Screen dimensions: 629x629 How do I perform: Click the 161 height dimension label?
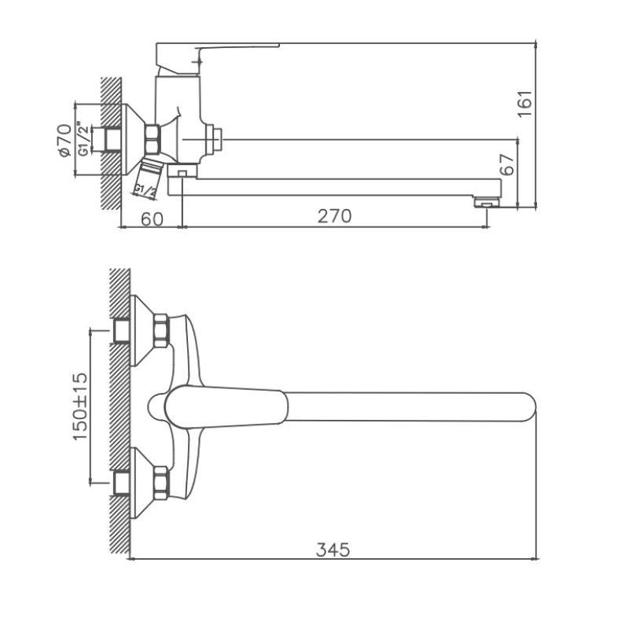[x=524, y=104]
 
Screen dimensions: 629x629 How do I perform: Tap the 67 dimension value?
[x=507, y=164]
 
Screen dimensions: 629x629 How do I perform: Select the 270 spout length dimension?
[x=335, y=216]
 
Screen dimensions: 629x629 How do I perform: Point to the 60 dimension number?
[x=153, y=219]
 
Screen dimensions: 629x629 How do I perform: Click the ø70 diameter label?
[x=65, y=141]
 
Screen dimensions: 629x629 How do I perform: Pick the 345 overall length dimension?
[x=333, y=550]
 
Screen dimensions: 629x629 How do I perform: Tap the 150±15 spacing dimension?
[x=80, y=406]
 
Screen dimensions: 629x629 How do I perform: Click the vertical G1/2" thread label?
[x=83, y=138]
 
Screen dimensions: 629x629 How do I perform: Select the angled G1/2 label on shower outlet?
[x=145, y=191]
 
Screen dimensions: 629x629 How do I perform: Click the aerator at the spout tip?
[x=487, y=203]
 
